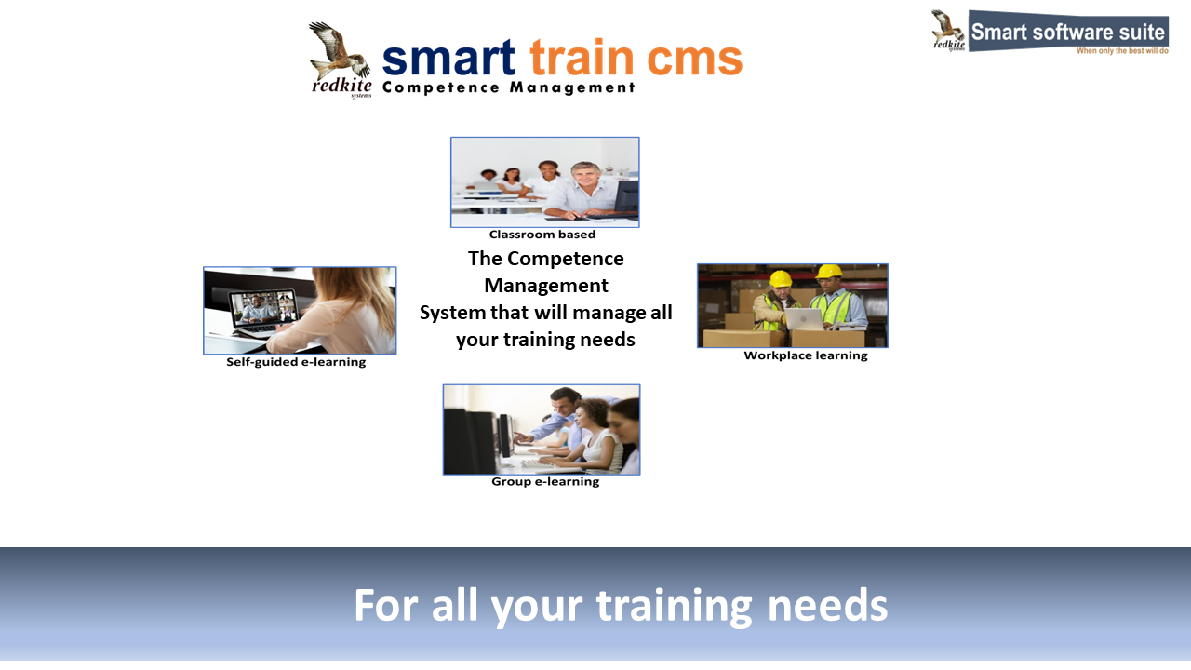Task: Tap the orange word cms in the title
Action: [x=694, y=59]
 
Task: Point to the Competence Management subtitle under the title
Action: [x=508, y=87]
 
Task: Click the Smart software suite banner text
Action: [x=1067, y=32]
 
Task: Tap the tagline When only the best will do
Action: [x=1122, y=51]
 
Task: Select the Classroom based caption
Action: [x=542, y=234]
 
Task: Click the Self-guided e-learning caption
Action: [x=296, y=362]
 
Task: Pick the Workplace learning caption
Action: [x=806, y=355]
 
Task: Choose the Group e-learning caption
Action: [x=545, y=482]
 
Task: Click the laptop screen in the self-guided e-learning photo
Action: [x=263, y=307]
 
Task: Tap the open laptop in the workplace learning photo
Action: [x=804, y=319]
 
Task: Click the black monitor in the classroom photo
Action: [x=627, y=196]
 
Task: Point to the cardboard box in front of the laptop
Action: [x=827, y=338]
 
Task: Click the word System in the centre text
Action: [x=452, y=313]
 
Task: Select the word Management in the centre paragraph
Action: [x=546, y=286]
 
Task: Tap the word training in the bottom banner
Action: [x=675, y=606]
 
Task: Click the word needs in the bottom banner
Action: [x=828, y=606]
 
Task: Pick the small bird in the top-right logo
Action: [x=947, y=27]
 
